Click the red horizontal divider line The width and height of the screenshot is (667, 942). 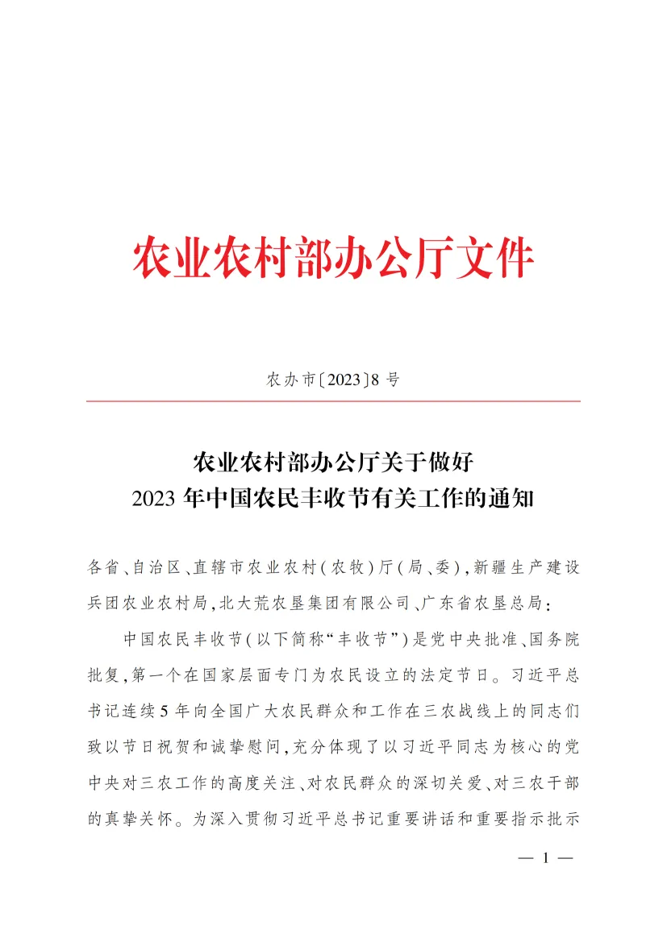pyautogui.click(x=333, y=400)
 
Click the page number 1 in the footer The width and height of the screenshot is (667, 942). pyautogui.click(x=544, y=859)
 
